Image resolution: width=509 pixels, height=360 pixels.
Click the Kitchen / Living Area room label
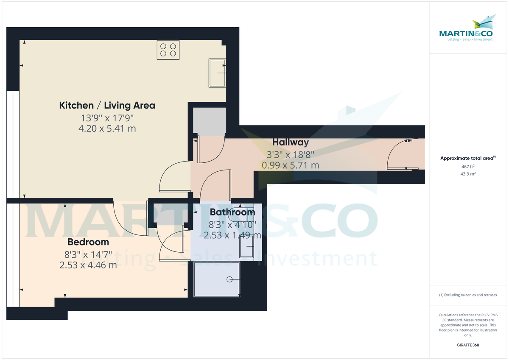107,105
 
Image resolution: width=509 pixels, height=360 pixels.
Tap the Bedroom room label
88,242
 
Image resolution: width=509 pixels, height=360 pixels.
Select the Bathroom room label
232,212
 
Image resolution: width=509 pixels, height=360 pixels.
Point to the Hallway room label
291,142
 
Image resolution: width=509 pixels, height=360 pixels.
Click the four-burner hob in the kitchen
168,50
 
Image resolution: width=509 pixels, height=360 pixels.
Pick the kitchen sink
217,73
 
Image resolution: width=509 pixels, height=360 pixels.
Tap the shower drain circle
229,279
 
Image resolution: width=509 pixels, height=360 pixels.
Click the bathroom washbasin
246,246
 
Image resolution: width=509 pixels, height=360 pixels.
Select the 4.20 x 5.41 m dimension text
107,128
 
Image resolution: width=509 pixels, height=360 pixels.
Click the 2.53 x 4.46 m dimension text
88,265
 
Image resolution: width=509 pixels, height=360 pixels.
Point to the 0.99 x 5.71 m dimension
291,165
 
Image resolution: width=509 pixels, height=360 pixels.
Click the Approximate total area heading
467,158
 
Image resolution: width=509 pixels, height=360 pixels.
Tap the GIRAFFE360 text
467,345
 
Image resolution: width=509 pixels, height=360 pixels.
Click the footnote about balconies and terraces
467,295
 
